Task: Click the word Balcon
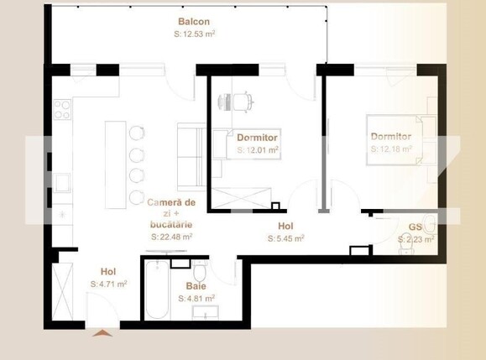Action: (x=194, y=22)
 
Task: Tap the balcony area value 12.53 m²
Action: (x=194, y=34)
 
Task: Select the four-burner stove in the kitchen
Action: (x=62, y=110)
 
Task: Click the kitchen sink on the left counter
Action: (x=61, y=181)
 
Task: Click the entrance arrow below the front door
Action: (x=102, y=333)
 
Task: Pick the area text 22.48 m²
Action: (x=172, y=237)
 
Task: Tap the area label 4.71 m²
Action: (x=108, y=284)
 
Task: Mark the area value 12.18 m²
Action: (x=391, y=149)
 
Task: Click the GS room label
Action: (x=415, y=227)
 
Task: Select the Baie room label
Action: (x=196, y=286)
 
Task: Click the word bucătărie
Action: (x=171, y=225)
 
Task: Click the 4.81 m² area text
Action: (x=196, y=298)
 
